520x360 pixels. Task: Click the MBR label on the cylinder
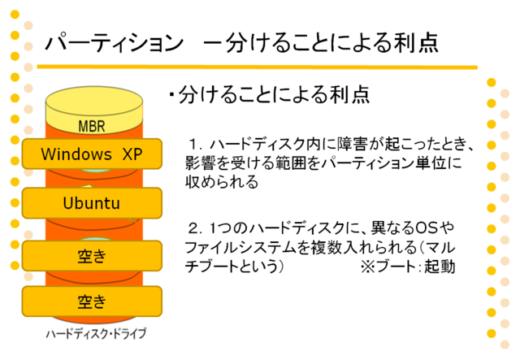click(x=92, y=126)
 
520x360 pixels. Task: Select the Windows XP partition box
click(x=92, y=154)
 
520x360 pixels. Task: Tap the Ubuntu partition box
click(x=92, y=203)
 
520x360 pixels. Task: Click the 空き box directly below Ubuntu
click(x=92, y=256)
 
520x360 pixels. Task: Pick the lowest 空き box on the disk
click(x=92, y=301)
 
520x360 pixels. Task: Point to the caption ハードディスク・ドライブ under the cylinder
click(x=96, y=334)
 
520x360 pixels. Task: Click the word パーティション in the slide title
click(x=114, y=43)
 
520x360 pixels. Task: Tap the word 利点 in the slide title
click(x=416, y=43)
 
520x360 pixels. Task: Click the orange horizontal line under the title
click(x=257, y=67)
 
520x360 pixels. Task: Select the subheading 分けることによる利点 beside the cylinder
click(x=274, y=95)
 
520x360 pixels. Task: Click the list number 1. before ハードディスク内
click(x=196, y=145)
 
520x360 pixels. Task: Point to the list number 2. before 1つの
click(x=196, y=228)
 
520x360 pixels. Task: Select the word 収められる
click(x=222, y=182)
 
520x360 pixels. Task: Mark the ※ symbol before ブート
click(x=367, y=267)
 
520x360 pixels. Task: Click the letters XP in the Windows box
click(x=132, y=154)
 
